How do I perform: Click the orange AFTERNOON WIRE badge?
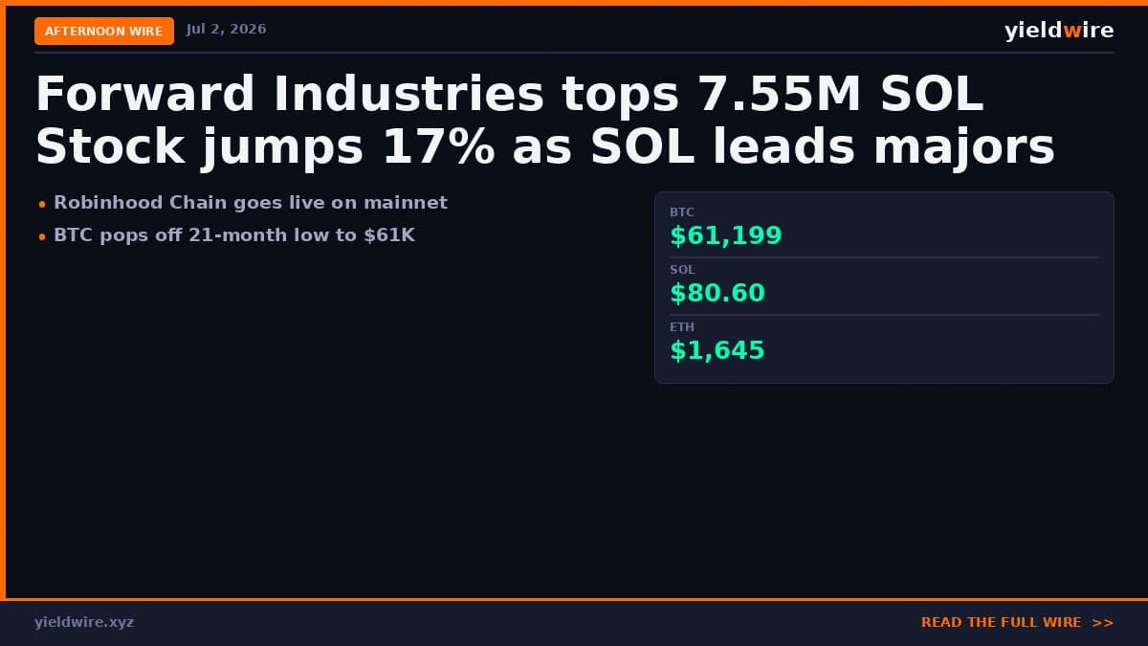tap(104, 31)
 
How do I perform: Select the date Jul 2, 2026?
tap(226, 30)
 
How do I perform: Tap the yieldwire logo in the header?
tap(1059, 31)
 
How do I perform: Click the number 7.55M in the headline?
tap(780, 94)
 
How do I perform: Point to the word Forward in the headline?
tap(144, 94)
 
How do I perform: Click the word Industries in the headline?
tap(408, 94)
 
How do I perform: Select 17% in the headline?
tap(439, 146)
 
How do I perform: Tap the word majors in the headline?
tap(964, 148)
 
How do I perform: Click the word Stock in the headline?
tap(110, 146)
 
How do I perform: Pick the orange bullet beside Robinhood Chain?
tap(42, 205)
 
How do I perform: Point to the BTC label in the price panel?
tap(681, 212)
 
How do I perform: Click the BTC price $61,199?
tap(726, 235)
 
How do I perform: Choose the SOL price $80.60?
tap(717, 293)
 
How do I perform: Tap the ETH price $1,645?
tap(717, 350)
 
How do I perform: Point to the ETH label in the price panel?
tap(681, 327)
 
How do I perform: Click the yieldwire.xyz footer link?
tap(84, 622)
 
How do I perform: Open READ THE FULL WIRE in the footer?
tap(1017, 622)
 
